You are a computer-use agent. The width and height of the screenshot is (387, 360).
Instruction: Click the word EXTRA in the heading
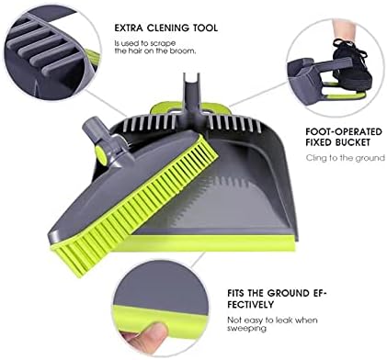coord(131,28)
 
